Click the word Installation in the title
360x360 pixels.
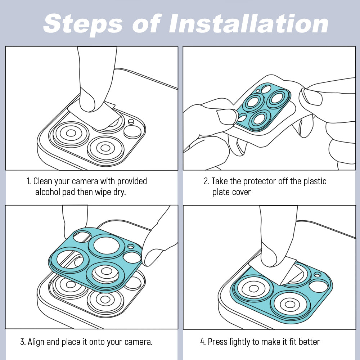tap(248, 23)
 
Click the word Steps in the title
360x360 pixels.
tap(83, 24)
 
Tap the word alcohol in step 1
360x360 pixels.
tap(48, 192)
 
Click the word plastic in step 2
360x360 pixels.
tap(315, 181)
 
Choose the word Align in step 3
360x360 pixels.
tap(36, 342)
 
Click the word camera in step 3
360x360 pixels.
tap(139, 342)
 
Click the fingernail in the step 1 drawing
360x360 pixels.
tap(87, 99)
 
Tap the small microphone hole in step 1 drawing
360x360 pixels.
tap(131, 121)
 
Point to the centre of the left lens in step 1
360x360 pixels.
tap(71, 133)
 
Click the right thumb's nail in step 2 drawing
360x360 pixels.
tap(312, 96)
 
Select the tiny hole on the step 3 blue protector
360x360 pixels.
tap(131, 247)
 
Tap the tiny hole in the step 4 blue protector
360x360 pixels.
tap(317, 275)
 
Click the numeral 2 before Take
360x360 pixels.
tap(206, 181)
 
